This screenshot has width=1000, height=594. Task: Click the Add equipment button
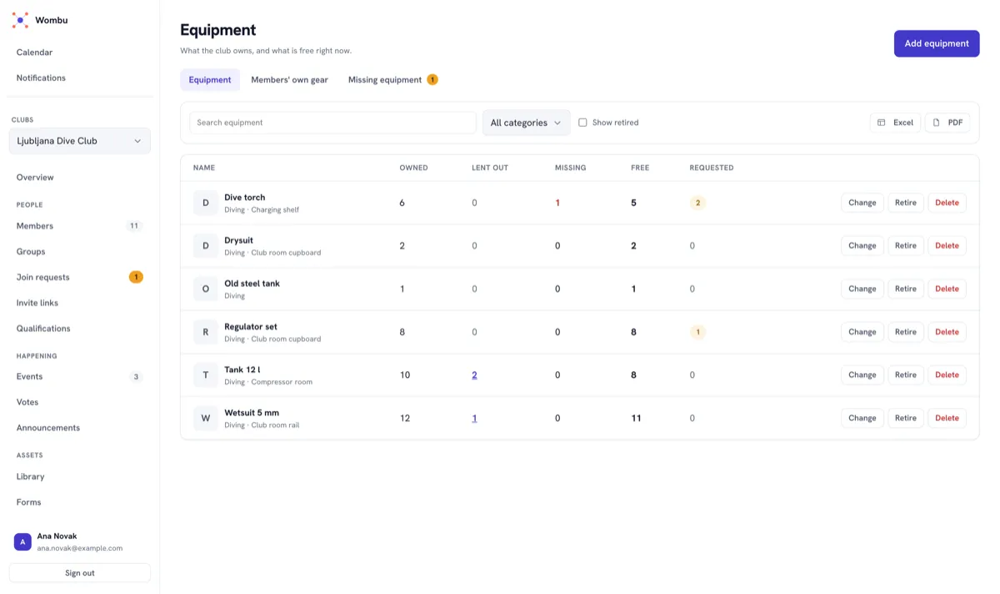coord(936,43)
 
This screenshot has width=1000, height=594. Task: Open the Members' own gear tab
coord(289,79)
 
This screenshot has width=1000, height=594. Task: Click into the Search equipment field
coord(332,123)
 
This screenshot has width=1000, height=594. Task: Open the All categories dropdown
coord(526,123)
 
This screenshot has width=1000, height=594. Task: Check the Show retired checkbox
coord(582,123)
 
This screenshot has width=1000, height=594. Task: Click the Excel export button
coord(895,123)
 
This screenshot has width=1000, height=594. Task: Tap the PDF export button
coord(947,123)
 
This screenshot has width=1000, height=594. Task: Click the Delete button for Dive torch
coord(947,203)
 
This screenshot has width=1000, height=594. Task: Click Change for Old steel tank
coord(862,289)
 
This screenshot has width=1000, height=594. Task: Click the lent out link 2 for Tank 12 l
coord(474,375)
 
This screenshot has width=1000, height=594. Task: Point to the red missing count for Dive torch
coord(557,203)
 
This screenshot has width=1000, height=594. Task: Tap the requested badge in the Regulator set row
coord(697,332)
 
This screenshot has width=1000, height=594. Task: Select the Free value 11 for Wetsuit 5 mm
coord(636,418)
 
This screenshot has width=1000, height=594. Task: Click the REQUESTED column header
coord(711,168)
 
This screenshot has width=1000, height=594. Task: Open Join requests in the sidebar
coord(42,277)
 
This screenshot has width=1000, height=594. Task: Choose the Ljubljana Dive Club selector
coord(79,141)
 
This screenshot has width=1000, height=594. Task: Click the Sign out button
coord(79,572)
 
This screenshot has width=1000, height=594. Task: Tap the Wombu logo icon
coord(20,20)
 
